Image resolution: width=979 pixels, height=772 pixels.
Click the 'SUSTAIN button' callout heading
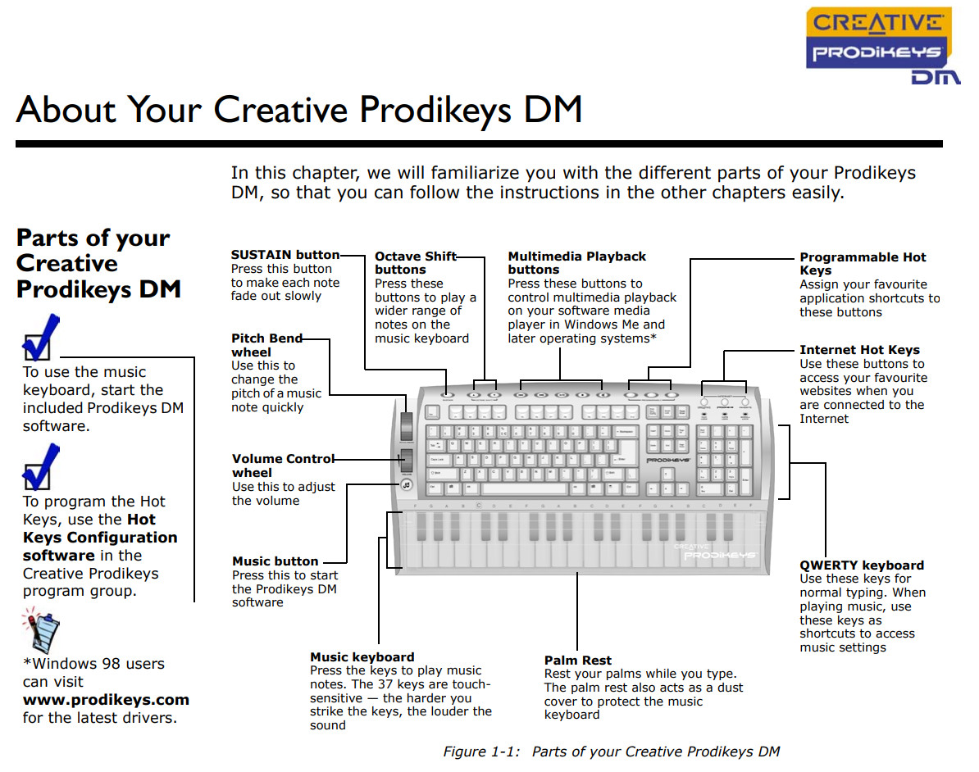285,255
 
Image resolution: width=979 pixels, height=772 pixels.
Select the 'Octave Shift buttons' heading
415,262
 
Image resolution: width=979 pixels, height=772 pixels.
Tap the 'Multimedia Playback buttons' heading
576,262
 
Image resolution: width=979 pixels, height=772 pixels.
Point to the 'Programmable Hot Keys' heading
863,263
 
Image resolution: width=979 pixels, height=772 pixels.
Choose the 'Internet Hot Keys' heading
859,350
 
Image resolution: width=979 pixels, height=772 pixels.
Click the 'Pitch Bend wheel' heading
266,345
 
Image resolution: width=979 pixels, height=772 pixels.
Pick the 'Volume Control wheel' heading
283,465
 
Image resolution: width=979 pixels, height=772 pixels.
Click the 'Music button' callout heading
275,561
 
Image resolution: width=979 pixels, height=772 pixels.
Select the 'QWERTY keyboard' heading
861,565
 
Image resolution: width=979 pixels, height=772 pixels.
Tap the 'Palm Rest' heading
577,661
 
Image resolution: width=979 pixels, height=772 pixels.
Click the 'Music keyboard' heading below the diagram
362,657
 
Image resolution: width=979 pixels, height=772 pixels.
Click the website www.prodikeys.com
106,700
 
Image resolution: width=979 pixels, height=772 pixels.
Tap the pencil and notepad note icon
40,629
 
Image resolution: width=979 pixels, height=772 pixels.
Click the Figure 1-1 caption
611,752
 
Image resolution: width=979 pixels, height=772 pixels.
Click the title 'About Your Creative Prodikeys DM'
298,110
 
